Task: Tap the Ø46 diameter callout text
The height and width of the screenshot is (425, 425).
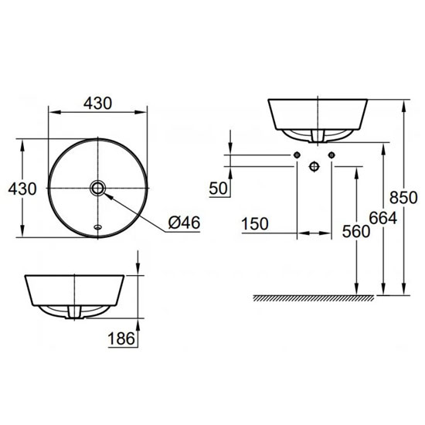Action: click(x=184, y=223)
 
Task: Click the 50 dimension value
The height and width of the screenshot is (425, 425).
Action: click(x=219, y=188)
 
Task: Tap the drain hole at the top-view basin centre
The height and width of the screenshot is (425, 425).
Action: click(x=97, y=188)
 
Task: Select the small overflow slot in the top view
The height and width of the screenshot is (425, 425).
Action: click(x=97, y=227)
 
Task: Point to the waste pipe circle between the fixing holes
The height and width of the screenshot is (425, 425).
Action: click(x=314, y=166)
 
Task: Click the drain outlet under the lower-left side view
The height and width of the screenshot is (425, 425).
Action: click(x=75, y=311)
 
